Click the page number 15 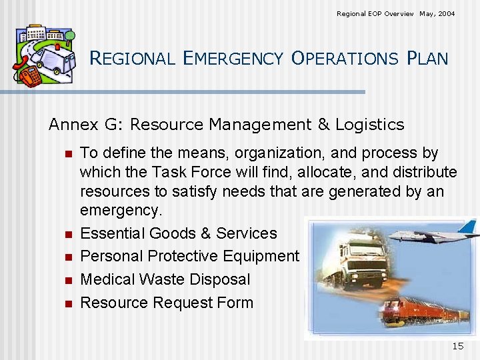point(457,346)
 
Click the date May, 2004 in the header point(437,13)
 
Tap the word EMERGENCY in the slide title point(234,59)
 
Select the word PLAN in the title point(427,59)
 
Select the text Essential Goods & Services point(178,233)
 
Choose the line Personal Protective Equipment point(189,257)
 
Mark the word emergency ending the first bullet point(121,211)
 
